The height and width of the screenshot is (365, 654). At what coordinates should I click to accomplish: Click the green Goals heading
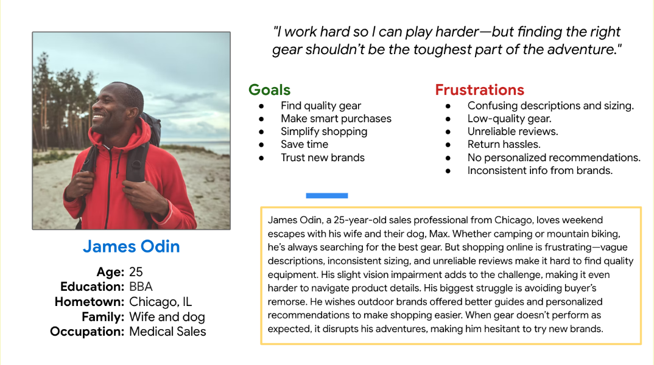(269, 90)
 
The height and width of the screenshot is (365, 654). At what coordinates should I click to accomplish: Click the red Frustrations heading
(479, 90)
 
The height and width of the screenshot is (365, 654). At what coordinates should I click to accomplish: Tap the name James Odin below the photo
(131, 246)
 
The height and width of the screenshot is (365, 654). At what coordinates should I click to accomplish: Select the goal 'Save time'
(304, 144)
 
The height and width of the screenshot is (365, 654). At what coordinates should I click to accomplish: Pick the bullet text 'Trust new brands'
(322, 158)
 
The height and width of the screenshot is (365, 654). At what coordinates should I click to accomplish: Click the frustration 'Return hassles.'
(504, 144)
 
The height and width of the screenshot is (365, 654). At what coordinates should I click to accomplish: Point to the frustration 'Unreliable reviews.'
(512, 131)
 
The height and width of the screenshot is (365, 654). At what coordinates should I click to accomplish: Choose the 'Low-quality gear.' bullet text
(509, 119)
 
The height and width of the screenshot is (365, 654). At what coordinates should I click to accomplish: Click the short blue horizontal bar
(326, 196)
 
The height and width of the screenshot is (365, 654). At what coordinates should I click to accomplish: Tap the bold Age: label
(110, 272)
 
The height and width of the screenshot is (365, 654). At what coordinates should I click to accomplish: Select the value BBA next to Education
(141, 287)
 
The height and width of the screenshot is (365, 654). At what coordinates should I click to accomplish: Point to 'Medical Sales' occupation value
(167, 332)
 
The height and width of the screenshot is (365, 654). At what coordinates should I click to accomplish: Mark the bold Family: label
(103, 317)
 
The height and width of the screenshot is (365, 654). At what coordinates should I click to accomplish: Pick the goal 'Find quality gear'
(320, 106)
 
